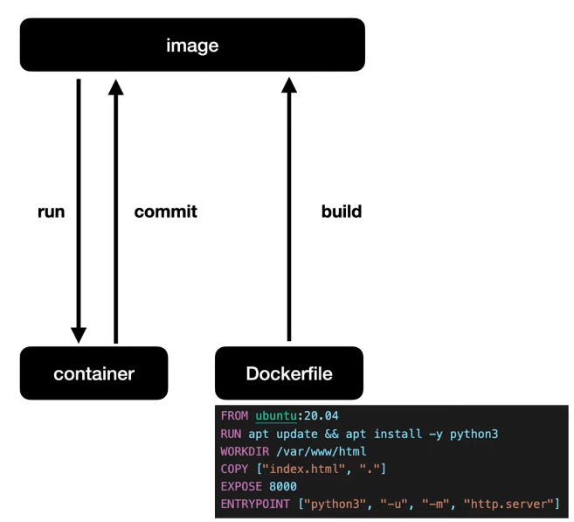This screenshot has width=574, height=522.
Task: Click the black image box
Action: pyautogui.click(x=192, y=45)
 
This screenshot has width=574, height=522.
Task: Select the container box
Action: pyautogui.click(x=93, y=373)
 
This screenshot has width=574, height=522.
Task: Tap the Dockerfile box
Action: pyautogui.click(x=289, y=373)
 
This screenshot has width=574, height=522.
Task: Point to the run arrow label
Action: pyautogui.click(x=52, y=212)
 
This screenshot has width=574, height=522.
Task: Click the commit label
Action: pyautogui.click(x=165, y=212)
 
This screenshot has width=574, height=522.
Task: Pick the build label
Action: pyautogui.click(x=342, y=212)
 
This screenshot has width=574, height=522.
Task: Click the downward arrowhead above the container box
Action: pyautogui.click(x=79, y=334)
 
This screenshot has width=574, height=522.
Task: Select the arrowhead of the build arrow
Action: pyautogui.click(x=289, y=86)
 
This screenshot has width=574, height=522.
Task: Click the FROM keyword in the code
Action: pyautogui.click(x=235, y=416)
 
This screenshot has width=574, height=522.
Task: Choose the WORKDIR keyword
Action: pyautogui.click(x=246, y=451)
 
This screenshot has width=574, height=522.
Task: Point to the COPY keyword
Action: pyautogui.click(x=235, y=469)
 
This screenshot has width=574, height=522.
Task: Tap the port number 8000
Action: pyautogui.click(x=283, y=486)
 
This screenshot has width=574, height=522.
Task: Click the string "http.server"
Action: pyautogui.click(x=511, y=505)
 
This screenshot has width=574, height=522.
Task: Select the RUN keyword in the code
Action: pyautogui.click(x=232, y=434)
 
